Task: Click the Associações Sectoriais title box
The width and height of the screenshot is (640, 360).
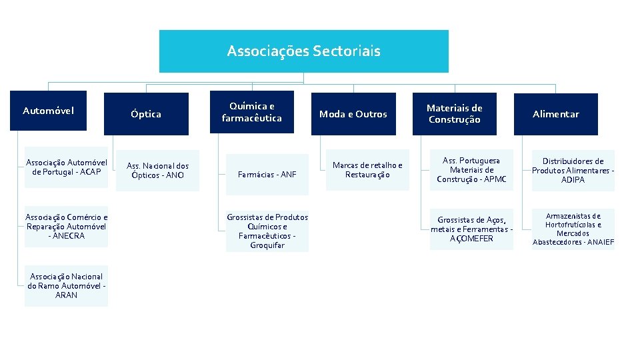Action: pos(303,51)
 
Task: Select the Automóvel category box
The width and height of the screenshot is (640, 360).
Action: pos(49,111)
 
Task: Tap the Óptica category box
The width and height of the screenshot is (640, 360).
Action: pos(145,114)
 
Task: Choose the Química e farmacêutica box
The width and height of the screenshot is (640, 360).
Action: pos(252,112)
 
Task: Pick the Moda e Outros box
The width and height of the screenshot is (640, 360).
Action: pos(353,114)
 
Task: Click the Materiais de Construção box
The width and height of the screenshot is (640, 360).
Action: pos(454,114)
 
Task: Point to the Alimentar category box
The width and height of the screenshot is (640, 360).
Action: pos(555,114)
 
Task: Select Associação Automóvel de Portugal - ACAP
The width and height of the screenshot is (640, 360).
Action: pos(66,167)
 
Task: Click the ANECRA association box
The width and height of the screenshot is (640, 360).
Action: pos(66,227)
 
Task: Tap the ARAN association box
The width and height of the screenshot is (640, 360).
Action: pos(66,286)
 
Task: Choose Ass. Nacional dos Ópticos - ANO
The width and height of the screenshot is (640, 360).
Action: pos(158,171)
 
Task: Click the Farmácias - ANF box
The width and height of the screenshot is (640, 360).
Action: pos(267,175)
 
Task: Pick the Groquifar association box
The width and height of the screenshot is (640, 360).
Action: pos(267,231)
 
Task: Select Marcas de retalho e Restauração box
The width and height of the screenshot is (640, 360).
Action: pos(367,170)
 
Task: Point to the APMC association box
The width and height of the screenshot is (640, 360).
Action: pos(472,170)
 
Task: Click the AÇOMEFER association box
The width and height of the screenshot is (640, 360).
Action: pos(472,229)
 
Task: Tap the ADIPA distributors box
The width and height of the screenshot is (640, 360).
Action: pos(573,171)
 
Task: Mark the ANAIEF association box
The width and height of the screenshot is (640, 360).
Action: pos(573,229)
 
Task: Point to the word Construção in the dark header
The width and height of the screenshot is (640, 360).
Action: pos(454,120)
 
